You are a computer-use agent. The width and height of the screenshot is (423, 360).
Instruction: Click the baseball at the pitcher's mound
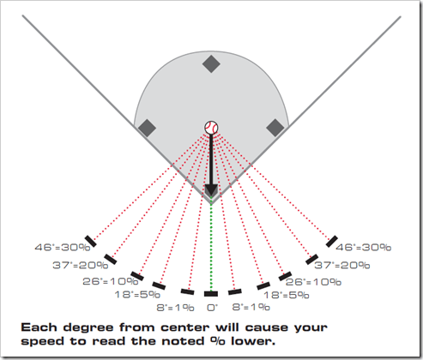tap(211, 128)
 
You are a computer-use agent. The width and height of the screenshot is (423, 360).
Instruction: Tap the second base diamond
tap(211, 64)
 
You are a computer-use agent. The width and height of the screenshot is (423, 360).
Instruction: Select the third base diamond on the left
tap(147, 128)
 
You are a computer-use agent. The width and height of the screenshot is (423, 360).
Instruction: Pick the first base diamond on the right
tap(275, 128)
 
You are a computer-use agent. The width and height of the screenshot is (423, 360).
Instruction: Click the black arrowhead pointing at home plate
tap(211, 190)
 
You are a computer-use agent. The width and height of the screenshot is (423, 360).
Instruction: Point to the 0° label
tap(212, 308)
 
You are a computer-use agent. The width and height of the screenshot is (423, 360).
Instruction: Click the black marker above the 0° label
tap(211, 294)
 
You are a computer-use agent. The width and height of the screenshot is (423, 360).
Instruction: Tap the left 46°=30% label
tap(63, 247)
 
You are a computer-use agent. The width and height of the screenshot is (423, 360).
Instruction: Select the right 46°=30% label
tap(363, 247)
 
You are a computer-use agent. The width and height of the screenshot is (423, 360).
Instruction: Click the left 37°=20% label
tap(81, 265)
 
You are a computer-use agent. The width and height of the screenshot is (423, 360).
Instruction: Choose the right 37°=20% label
tap(342, 265)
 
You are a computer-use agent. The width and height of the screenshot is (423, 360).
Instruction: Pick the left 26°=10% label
tap(111, 281)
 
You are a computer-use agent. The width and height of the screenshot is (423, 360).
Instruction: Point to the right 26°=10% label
tap(313, 282)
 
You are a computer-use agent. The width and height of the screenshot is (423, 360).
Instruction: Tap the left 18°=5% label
tap(137, 294)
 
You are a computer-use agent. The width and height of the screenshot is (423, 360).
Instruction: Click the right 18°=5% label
tap(287, 295)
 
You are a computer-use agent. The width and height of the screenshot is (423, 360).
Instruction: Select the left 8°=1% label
tap(175, 308)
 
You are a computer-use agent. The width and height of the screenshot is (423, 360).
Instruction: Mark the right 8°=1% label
tap(251, 307)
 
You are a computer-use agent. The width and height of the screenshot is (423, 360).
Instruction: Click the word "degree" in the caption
tap(88, 327)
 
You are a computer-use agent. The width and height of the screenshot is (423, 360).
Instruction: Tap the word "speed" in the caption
tap(42, 342)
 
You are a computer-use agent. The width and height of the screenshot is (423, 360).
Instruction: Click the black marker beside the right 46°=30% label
tap(332, 242)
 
